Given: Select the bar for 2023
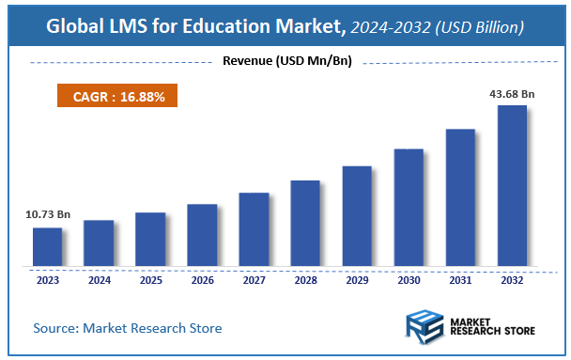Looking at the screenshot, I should pos(47,247).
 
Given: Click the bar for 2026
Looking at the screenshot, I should pos(202,235).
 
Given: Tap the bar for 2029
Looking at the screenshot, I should pos(357,216).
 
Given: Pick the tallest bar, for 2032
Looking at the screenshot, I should pos(512,186).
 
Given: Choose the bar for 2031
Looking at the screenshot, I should pos(460,197).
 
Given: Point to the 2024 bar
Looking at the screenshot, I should pos(99,243).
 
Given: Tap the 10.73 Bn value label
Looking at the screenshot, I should pos(47,215).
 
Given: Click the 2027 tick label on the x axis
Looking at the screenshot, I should pos(254,279).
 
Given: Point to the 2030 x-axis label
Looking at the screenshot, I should pos(409,279).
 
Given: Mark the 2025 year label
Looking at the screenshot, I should pos(150,279).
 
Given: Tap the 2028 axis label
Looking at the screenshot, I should pos(305,279).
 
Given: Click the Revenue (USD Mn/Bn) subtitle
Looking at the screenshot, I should pos(285,62).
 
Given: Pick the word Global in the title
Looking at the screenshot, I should pos(76,27).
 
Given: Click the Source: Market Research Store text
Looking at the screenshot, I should pos(128,328).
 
